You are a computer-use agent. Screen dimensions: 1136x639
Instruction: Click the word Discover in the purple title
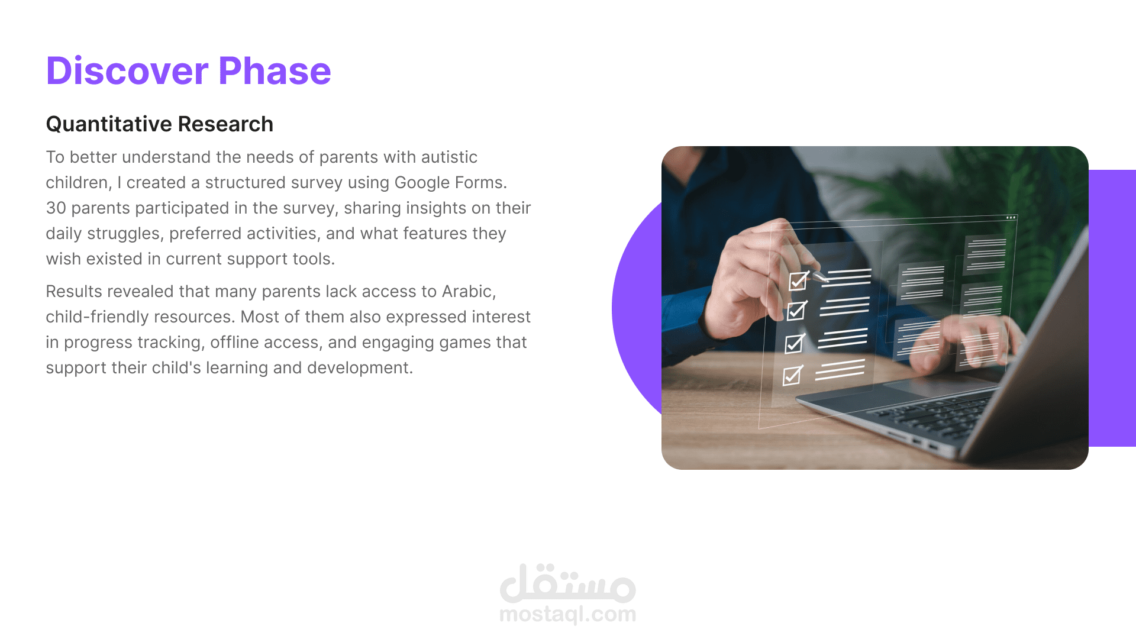click(x=127, y=71)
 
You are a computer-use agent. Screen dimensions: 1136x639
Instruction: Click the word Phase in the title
click(x=275, y=71)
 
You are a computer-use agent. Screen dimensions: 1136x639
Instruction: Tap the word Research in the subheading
click(x=225, y=124)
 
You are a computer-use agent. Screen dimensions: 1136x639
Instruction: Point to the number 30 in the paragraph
click(x=56, y=208)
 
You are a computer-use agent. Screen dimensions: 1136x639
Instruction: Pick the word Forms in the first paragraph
click(x=482, y=183)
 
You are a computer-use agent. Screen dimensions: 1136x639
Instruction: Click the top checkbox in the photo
click(x=798, y=280)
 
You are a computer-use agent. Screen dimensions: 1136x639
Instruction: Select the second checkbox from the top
click(x=796, y=311)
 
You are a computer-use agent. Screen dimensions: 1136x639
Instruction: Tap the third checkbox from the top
click(x=794, y=343)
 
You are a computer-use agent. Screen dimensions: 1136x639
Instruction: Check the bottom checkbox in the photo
click(x=792, y=375)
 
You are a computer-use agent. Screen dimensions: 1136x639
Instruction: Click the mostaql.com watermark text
click(x=568, y=615)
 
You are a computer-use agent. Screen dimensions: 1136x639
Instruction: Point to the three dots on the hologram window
click(x=1011, y=218)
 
